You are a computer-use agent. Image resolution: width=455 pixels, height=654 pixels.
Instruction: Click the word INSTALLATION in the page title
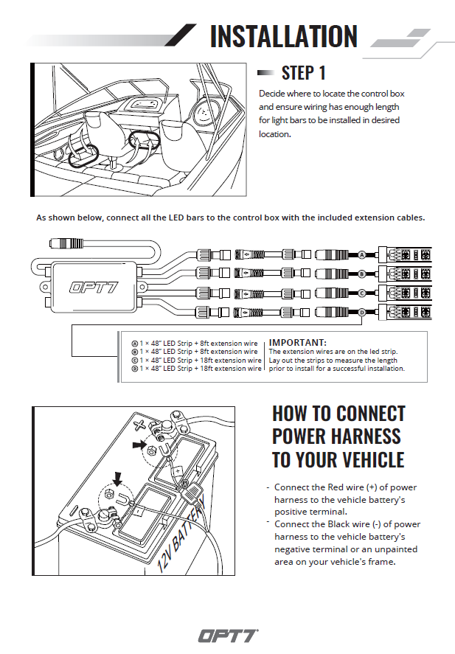(x=284, y=36)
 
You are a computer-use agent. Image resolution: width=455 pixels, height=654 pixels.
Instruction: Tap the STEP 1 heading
(x=303, y=72)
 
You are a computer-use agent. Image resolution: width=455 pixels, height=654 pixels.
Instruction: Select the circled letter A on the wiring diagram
(x=361, y=254)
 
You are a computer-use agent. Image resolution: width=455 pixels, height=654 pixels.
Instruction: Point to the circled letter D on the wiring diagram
(x=361, y=313)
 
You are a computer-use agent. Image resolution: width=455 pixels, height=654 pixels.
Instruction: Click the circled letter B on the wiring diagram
(x=361, y=274)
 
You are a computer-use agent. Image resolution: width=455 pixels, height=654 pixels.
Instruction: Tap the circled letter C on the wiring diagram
(x=361, y=293)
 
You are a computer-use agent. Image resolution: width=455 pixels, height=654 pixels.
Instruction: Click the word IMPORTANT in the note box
(x=297, y=343)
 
